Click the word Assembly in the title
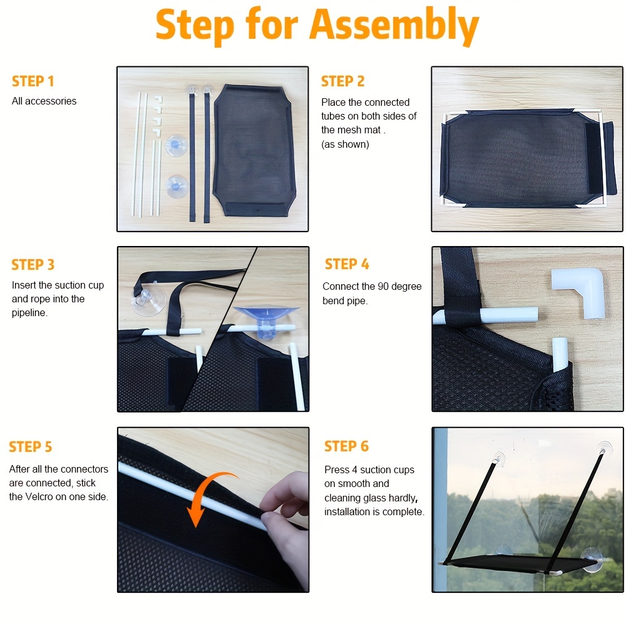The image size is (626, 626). point(394,26)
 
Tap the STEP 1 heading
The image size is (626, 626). point(33,81)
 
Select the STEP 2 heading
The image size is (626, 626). point(342,81)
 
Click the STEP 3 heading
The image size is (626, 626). point(33,265)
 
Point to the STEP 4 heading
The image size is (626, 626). point(347,264)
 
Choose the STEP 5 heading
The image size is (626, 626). point(30,447)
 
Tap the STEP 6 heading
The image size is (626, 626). point(347,446)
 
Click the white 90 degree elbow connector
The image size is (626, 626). point(578,292)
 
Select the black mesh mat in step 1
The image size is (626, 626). point(254,150)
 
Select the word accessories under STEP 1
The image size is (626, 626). point(51,101)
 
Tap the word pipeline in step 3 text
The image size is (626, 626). point(29,313)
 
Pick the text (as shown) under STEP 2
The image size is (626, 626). point(346,145)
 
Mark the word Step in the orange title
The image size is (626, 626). point(195,26)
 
